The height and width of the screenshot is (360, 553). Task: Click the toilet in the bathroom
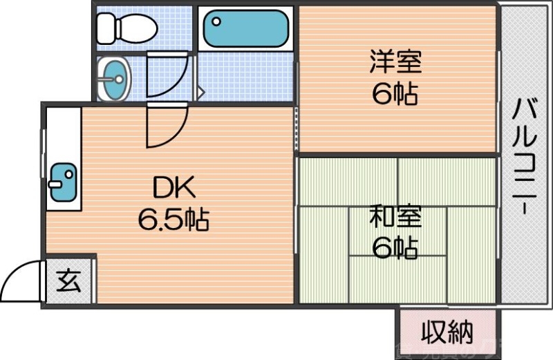(x=128, y=28)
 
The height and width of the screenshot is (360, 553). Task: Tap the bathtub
(x=245, y=28)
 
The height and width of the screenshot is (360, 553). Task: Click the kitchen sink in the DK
(x=64, y=182)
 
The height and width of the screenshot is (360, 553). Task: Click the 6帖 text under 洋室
(x=395, y=94)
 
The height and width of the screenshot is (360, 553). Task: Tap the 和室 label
(x=395, y=218)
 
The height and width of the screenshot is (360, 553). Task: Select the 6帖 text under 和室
(x=395, y=247)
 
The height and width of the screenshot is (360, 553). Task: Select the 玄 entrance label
(x=68, y=281)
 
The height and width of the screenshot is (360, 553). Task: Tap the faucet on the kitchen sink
(x=55, y=184)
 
